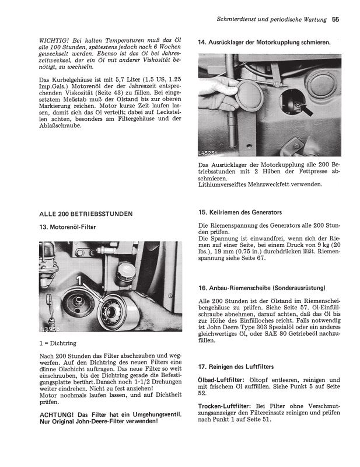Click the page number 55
click(335, 20)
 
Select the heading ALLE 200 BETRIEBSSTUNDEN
click(86, 214)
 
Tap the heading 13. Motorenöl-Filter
click(68, 227)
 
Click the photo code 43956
click(50, 329)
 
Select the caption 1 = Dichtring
click(58, 343)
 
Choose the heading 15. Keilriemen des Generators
click(240, 213)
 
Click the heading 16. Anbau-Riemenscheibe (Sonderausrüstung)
click(262, 288)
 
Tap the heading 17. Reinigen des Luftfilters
click(236, 367)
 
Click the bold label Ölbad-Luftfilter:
click(220, 380)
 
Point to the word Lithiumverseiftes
click(222, 184)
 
